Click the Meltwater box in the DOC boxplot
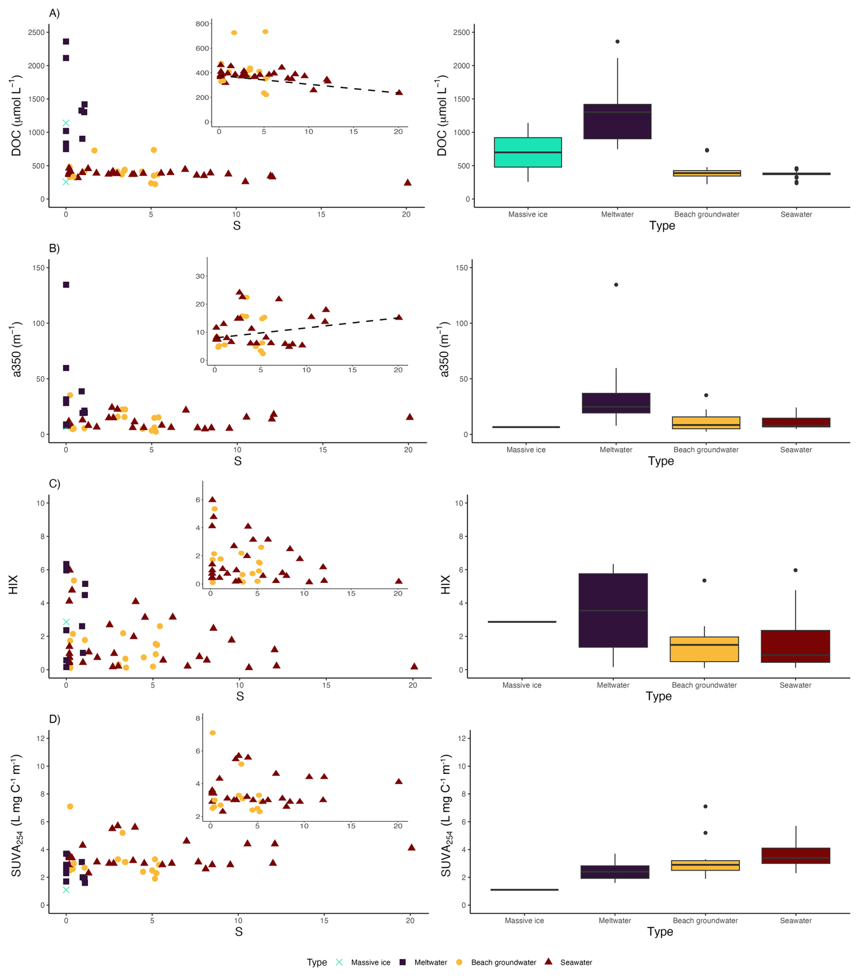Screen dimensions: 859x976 click(617, 121)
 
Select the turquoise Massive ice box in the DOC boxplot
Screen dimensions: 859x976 click(528, 152)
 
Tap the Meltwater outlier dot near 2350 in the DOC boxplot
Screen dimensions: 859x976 click(617, 41)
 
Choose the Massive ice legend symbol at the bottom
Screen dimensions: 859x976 click(339, 962)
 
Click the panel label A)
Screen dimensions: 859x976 click(54, 13)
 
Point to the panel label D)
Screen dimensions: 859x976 click(54, 719)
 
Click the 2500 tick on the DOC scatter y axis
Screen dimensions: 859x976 click(36, 32)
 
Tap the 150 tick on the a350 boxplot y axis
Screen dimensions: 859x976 click(461, 268)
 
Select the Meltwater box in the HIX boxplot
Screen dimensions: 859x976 click(613, 610)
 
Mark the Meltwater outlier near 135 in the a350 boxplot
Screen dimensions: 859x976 click(616, 284)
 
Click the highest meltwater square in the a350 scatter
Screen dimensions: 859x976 click(66, 284)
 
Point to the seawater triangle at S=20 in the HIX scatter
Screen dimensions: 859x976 click(414, 666)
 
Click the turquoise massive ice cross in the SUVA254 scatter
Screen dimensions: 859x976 click(66, 890)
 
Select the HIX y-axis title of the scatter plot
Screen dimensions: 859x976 click(13, 584)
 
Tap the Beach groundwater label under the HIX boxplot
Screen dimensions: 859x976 click(704, 685)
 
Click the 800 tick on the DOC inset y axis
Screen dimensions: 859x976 click(202, 24)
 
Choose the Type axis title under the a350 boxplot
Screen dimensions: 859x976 click(661, 461)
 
